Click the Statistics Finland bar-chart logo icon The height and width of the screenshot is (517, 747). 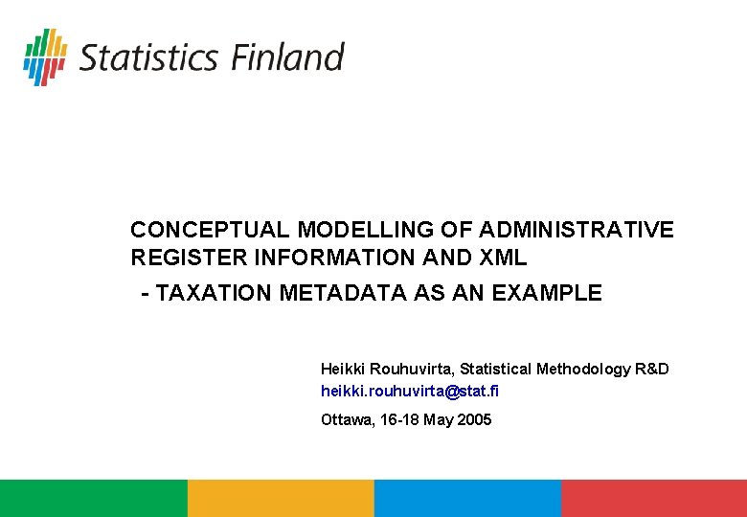pos(45,56)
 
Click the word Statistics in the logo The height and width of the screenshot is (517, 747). pos(148,57)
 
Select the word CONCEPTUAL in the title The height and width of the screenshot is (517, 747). pos(210,230)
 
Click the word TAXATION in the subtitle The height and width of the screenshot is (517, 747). pos(214,293)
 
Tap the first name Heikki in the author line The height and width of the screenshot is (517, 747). pos(340,369)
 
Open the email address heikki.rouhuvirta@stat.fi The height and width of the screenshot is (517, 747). pos(410,391)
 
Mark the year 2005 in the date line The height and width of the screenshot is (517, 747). pos(474,419)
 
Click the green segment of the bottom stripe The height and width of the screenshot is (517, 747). pos(93,498)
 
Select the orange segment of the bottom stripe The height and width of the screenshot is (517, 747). pos(280,498)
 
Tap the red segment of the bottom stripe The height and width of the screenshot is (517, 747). pos(653,498)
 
